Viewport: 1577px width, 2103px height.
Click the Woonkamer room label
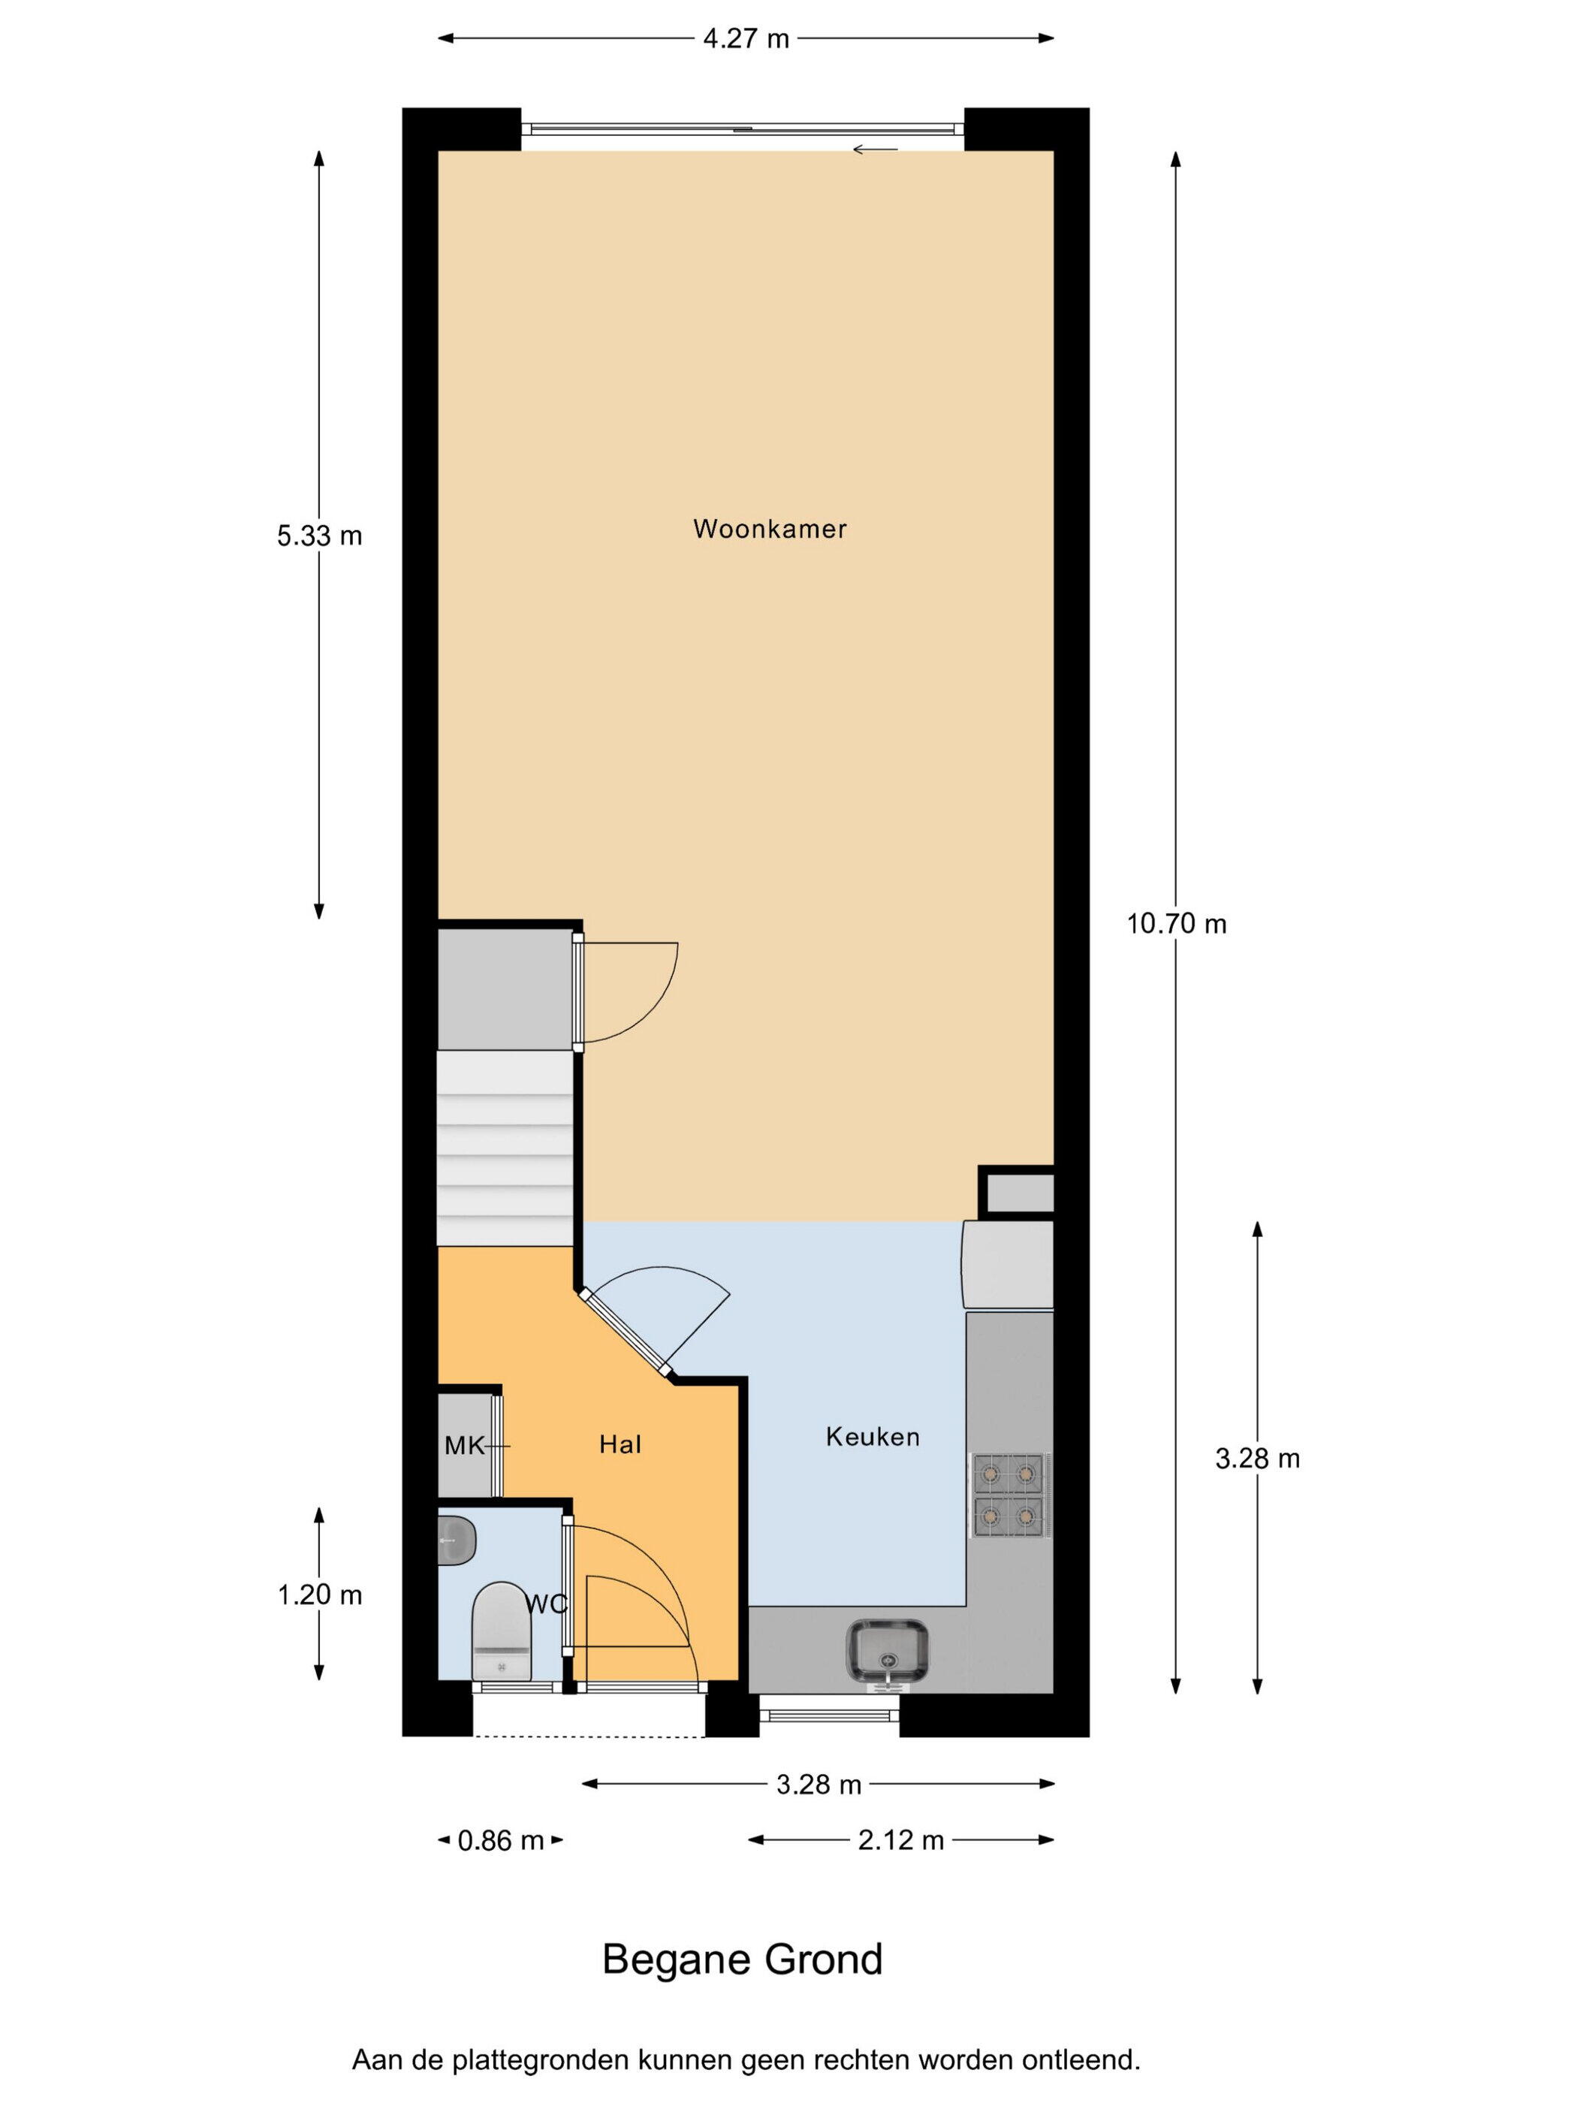coord(769,529)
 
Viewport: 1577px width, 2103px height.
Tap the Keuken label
coord(873,1437)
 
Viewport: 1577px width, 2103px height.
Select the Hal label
coord(620,1445)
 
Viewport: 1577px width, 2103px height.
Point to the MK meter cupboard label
coord(465,1446)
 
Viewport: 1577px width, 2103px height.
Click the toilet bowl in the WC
coord(501,1631)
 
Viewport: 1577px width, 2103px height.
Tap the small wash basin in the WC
coord(457,1540)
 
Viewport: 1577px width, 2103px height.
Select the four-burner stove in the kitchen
coord(1009,1495)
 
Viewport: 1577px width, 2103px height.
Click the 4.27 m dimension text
coord(746,39)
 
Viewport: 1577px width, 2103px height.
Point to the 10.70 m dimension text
coord(1177,923)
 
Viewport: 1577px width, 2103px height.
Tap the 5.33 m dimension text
coord(319,536)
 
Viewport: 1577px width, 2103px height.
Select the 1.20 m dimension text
coord(319,1595)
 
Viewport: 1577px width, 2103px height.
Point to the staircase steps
coord(505,1148)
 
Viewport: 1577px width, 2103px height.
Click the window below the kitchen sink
coord(830,1714)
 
